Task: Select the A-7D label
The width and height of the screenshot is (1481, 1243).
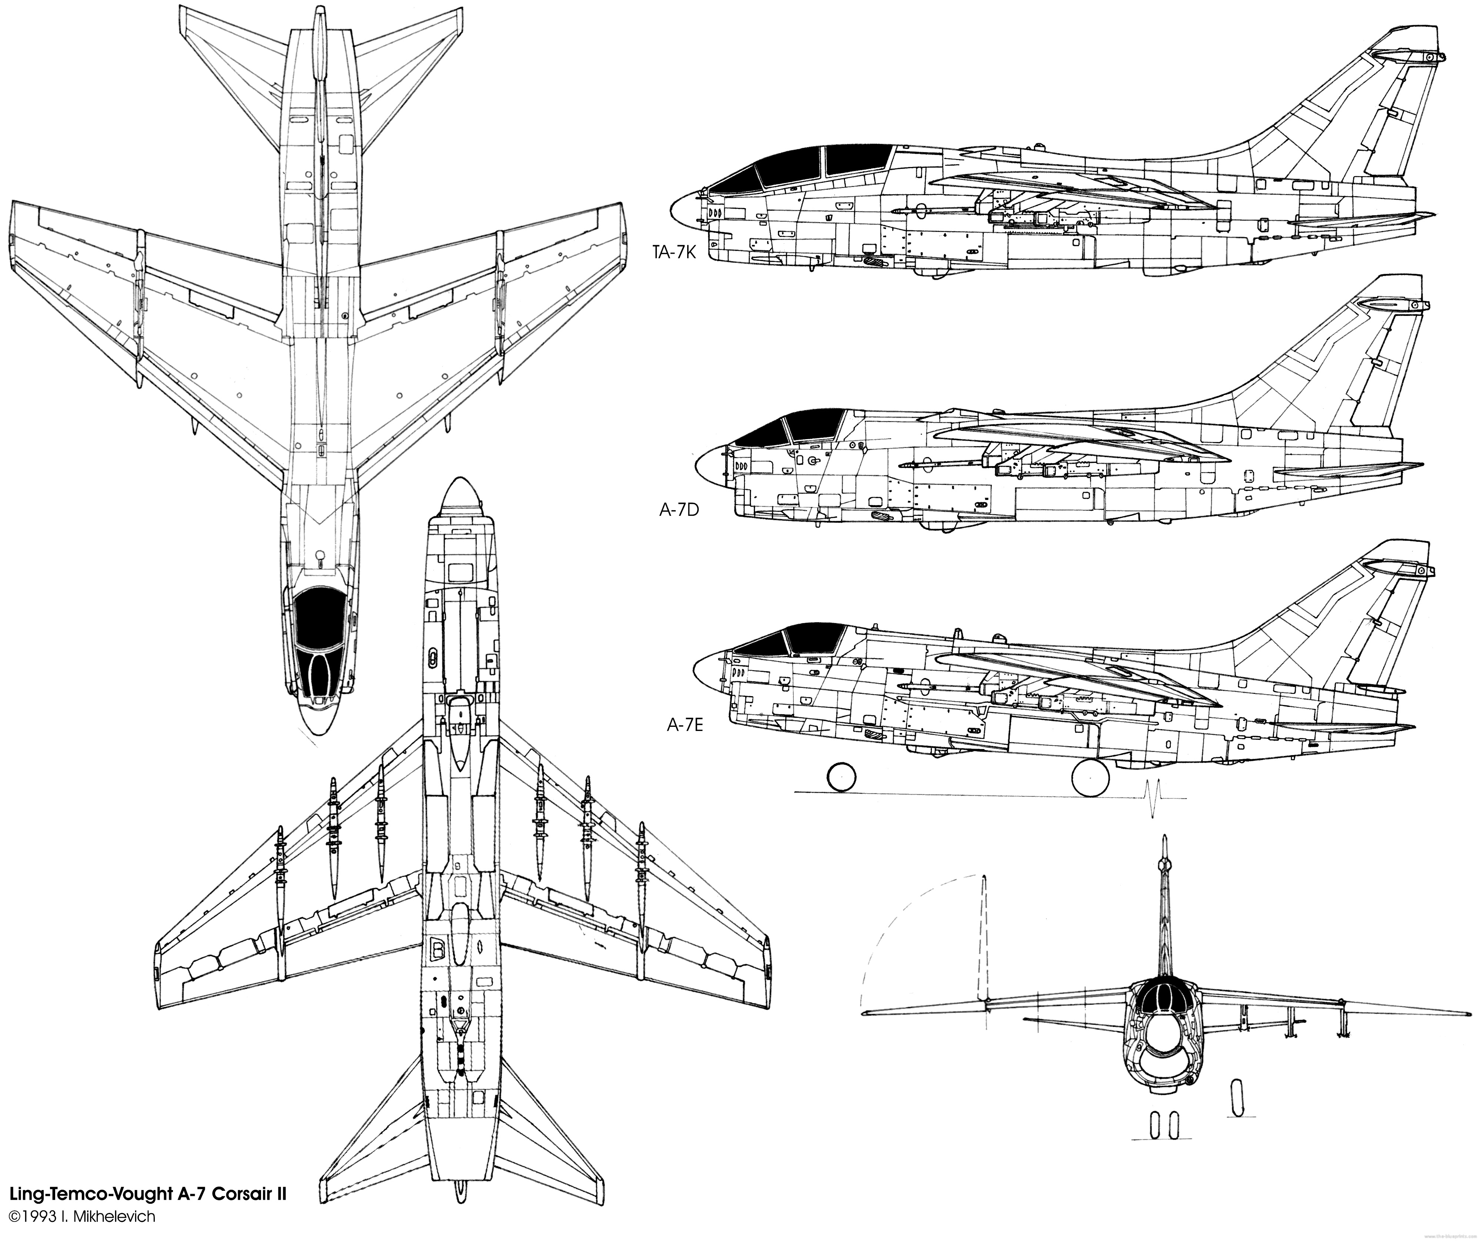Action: coord(678,509)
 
